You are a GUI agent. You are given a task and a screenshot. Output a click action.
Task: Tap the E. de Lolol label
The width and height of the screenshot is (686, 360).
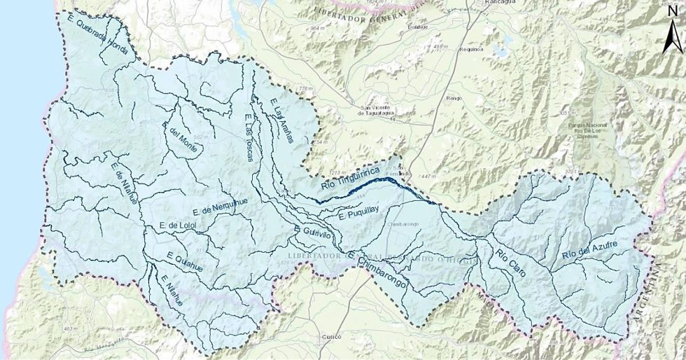pyautogui.click(x=179, y=225)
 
